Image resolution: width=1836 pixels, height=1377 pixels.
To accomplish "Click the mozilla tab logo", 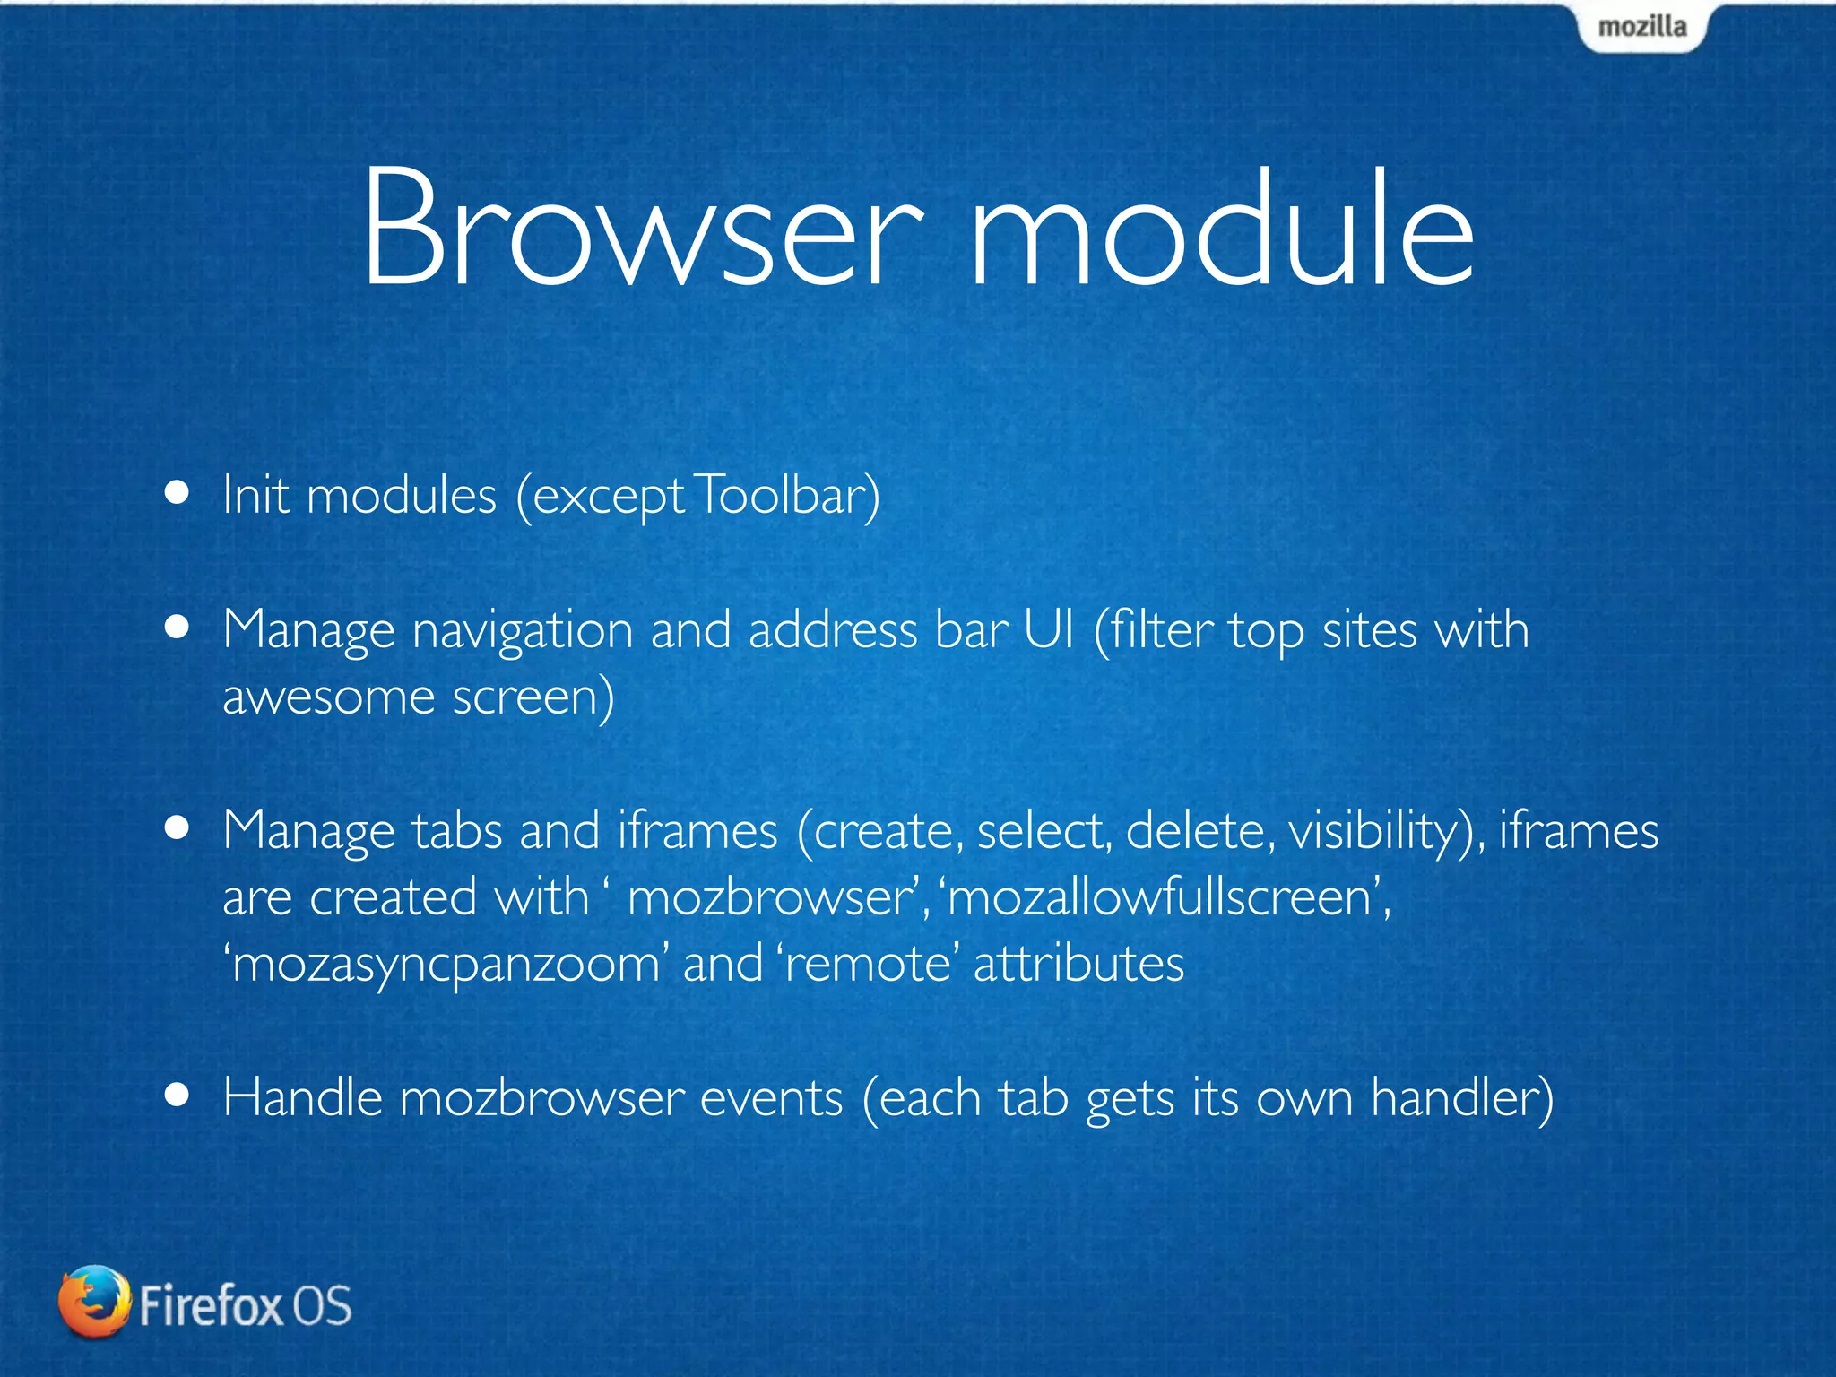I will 1641,27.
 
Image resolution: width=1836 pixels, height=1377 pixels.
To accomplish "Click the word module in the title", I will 1221,229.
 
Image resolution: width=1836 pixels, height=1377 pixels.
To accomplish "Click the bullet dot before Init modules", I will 178,492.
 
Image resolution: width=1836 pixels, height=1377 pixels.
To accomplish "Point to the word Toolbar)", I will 787,495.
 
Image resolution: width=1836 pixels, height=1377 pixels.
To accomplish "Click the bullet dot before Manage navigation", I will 178,628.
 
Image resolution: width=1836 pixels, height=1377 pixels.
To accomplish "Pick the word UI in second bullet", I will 1049,629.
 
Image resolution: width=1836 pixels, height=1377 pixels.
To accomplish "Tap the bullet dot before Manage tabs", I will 178,829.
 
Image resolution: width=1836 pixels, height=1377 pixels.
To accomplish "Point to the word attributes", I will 1078,964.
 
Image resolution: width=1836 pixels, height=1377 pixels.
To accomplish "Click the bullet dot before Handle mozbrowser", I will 178,1095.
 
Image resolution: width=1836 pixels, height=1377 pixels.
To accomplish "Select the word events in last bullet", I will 771,1097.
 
